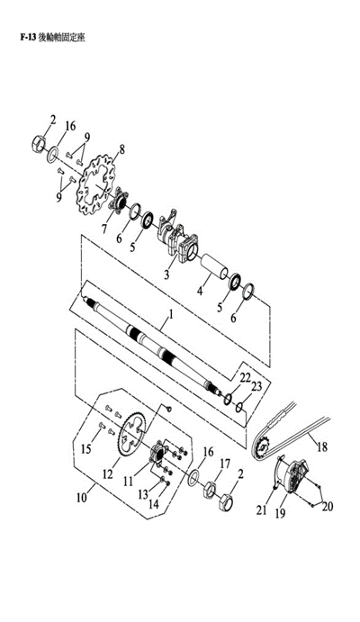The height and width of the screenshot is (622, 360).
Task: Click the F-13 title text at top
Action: coord(53,38)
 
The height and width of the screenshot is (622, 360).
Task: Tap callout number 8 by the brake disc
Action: coord(121,149)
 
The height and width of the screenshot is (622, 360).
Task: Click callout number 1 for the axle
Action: coord(170,314)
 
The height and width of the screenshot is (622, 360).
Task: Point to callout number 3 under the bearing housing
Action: coord(166,274)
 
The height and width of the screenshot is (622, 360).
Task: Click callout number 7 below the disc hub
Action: coord(103,229)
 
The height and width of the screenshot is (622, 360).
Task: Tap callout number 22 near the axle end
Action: coord(245,377)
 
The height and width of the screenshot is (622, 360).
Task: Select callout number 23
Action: coord(256,386)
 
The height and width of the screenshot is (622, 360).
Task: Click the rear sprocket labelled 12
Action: coord(134,435)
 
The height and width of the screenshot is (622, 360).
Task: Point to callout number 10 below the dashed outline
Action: coord(81,497)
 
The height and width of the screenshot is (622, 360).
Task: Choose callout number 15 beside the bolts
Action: coord(86,448)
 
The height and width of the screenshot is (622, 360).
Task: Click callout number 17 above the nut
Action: coord(225,464)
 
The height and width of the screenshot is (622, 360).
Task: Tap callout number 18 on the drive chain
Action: coord(322,447)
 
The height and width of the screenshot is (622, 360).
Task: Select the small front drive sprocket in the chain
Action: coord(262,448)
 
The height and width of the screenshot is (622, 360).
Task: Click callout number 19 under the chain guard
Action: coord(280,513)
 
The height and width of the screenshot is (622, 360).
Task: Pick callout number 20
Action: coord(328,506)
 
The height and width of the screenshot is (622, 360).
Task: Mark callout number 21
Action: coord(261,509)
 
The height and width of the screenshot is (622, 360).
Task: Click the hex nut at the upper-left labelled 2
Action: coord(37,143)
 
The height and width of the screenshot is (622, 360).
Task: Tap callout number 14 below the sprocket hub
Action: coord(153,504)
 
